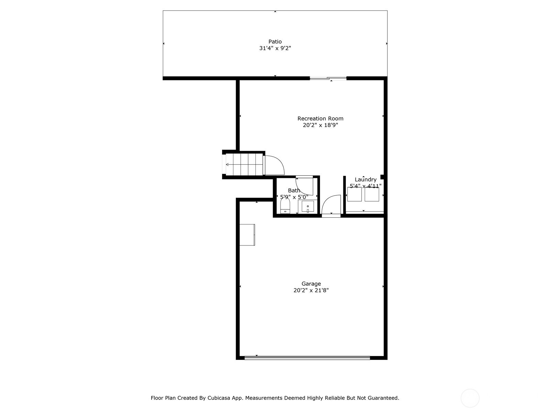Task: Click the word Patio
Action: point(275,42)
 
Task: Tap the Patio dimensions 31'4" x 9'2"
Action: point(275,48)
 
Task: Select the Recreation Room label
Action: point(320,118)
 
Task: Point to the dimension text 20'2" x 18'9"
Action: point(320,125)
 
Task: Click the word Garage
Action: point(311,284)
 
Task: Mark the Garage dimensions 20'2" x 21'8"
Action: point(311,290)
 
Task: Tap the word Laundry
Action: point(366,179)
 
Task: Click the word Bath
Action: point(294,190)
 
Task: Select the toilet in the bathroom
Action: point(285,206)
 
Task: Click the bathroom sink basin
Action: point(307,207)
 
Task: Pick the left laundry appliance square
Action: point(354,194)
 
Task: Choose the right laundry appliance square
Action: point(372,194)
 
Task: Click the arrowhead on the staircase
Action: point(227,164)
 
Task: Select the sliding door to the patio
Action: point(328,78)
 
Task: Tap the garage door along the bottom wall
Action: point(307,358)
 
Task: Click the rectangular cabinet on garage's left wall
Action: point(247,234)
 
